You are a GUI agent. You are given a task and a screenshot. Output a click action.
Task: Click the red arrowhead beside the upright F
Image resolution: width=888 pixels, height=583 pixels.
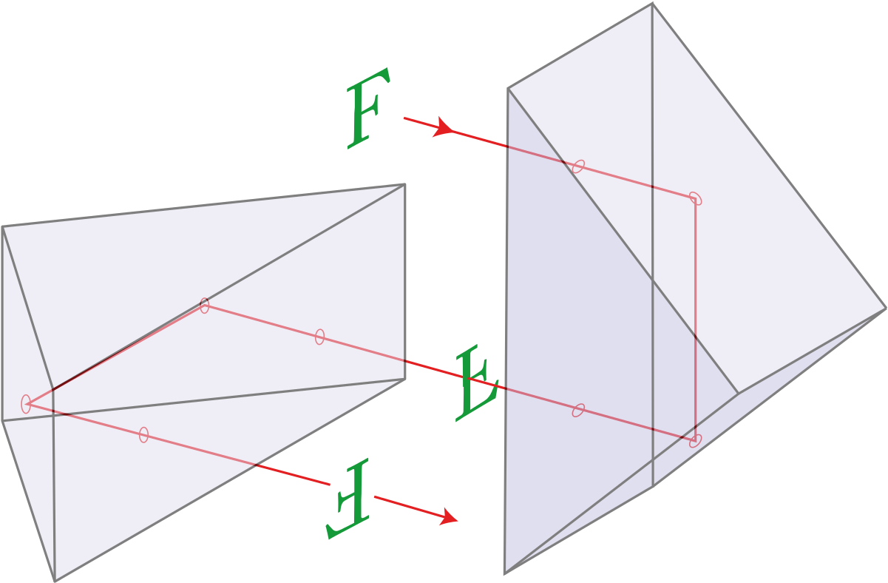(x=443, y=127)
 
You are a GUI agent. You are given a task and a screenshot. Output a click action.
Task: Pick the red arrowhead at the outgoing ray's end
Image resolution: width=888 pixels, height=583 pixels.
(x=449, y=516)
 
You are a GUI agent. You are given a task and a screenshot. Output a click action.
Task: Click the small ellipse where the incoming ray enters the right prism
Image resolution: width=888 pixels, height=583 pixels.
(x=578, y=166)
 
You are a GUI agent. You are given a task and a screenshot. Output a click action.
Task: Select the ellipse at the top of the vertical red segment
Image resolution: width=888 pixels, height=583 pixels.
(x=695, y=198)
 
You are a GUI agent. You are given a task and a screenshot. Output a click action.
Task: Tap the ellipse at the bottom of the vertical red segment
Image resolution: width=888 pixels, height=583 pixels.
(x=695, y=441)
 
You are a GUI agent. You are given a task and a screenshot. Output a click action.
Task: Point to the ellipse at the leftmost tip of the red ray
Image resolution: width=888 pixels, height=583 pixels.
(x=26, y=404)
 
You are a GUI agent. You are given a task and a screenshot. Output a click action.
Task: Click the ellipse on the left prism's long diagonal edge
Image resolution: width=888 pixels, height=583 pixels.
(x=205, y=306)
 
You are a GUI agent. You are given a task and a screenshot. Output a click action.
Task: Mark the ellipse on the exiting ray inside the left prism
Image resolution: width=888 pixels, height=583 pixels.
(x=144, y=435)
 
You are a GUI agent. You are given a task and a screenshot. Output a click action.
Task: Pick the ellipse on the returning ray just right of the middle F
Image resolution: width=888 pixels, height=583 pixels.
(x=578, y=410)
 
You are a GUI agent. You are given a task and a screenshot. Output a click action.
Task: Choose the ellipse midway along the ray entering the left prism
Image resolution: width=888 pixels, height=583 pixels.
(x=319, y=337)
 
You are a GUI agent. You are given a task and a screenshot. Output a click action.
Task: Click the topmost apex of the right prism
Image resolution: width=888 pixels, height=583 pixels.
(x=653, y=3)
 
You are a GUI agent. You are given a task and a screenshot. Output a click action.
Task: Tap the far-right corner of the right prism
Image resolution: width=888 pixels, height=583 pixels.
(x=886, y=309)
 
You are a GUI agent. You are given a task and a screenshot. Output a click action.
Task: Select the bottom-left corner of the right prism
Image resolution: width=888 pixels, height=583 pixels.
(x=504, y=573)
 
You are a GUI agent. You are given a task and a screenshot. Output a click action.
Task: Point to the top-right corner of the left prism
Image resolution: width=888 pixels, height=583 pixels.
(x=404, y=184)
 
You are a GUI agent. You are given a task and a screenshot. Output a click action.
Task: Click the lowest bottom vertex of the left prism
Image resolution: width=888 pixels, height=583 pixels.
(x=55, y=582)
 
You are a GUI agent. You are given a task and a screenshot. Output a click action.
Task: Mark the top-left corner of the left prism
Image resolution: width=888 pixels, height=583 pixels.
(x=2, y=227)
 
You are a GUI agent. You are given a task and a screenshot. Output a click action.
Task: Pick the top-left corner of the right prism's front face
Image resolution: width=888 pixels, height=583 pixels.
(x=508, y=89)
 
